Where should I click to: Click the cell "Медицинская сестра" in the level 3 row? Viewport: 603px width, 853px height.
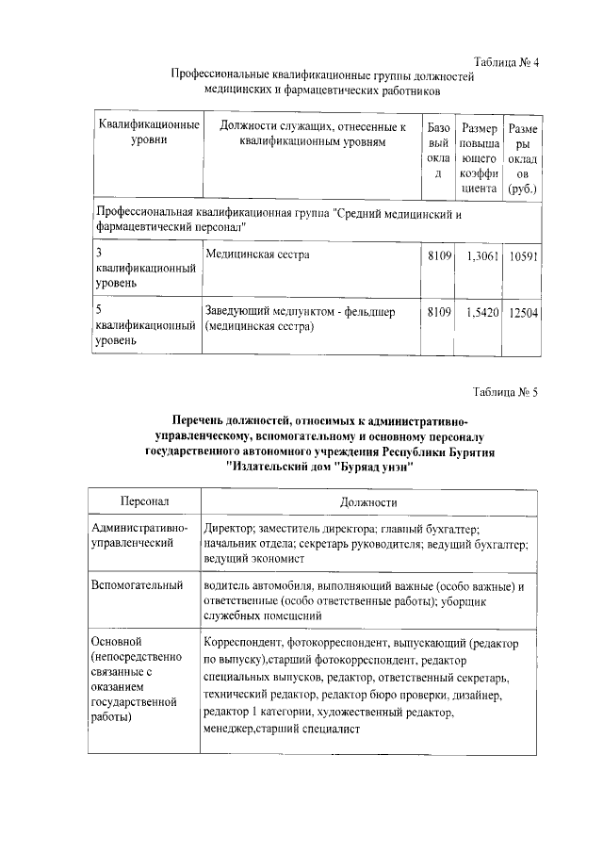pos(257,255)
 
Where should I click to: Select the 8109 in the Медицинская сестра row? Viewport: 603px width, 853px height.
pos(439,256)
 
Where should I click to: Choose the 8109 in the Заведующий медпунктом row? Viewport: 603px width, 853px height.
pos(439,311)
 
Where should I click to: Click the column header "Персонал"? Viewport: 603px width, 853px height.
pos(144,502)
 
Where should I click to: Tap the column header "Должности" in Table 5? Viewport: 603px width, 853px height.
pos(369,502)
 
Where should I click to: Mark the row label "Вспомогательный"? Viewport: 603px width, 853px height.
pos(137,585)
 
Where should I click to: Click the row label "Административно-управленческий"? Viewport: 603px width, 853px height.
pos(139,537)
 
